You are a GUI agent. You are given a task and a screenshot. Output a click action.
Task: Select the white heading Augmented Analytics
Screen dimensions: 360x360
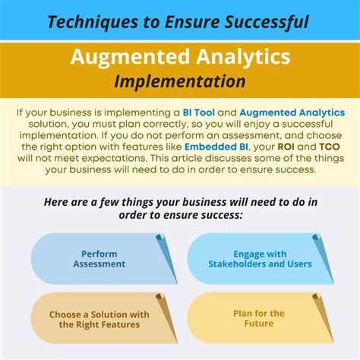(x=180, y=56)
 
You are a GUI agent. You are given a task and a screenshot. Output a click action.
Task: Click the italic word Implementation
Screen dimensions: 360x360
(x=180, y=80)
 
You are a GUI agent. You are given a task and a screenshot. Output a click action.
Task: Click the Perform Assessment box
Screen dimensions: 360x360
(x=99, y=259)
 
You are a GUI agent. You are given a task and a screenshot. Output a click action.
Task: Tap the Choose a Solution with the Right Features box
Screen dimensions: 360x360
(x=99, y=318)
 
